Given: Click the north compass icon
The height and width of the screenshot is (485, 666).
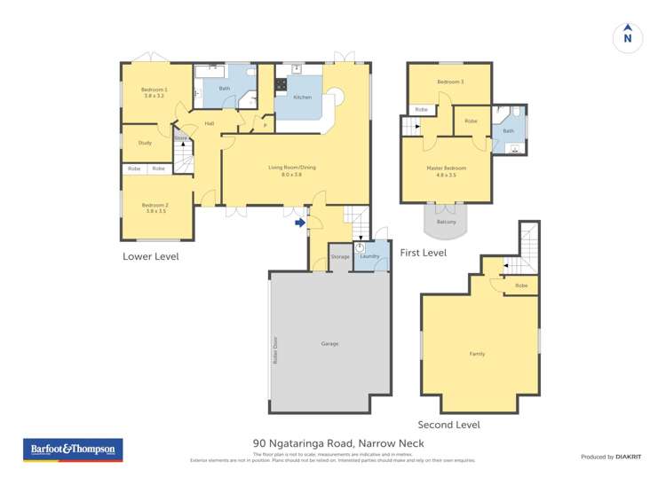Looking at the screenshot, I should [x=627, y=36].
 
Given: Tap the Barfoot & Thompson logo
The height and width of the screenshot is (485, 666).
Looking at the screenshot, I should [x=72, y=450].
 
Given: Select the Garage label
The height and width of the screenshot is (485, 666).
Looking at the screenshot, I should [x=330, y=343].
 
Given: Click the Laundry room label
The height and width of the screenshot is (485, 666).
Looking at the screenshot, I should [x=370, y=256].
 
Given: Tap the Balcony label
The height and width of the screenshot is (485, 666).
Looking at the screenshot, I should [x=446, y=222].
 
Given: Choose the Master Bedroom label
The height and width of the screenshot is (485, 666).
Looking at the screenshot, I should [x=446, y=168].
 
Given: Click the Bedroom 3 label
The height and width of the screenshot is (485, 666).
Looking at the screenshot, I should [x=449, y=82].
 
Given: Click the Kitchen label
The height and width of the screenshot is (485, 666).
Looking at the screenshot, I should [x=303, y=97].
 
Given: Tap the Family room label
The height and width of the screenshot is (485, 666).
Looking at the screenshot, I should [x=478, y=354].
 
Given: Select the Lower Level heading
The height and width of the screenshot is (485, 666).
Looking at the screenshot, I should [x=151, y=256].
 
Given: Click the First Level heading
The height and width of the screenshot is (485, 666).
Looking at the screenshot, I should [x=423, y=253].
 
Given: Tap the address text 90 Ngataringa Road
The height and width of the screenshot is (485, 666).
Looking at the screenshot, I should [x=338, y=443].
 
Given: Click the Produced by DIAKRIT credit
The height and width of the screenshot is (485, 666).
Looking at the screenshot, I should [x=610, y=457].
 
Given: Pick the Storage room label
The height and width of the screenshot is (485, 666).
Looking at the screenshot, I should [x=340, y=256].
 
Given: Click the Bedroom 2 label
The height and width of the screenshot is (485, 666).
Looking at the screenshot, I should [x=155, y=207].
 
